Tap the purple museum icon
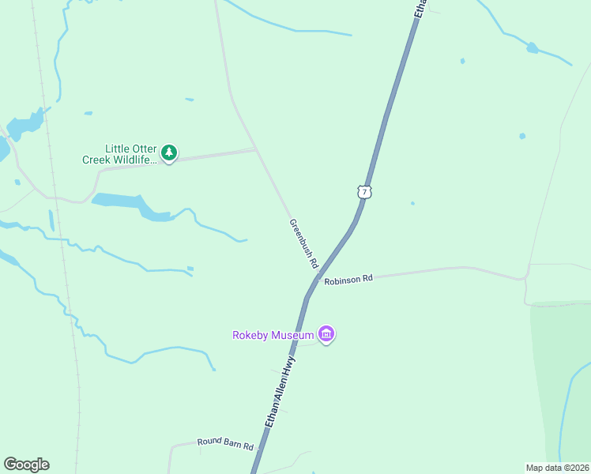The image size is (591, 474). click(326, 334)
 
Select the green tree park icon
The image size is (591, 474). click(168, 152)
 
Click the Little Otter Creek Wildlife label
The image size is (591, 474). click(119, 154)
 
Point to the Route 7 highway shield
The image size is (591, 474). click(363, 191)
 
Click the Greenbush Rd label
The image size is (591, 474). click(303, 243)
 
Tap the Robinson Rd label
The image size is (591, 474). click(348, 280)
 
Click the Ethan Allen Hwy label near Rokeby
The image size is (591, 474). click(280, 393)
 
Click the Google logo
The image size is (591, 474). click(26, 465)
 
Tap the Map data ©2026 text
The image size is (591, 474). click(557, 467)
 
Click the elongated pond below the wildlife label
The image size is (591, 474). click(130, 204)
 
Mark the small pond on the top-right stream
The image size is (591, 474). click(533, 48)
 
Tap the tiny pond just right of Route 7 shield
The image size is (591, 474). click(412, 203)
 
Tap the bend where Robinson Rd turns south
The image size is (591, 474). click(525, 279)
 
